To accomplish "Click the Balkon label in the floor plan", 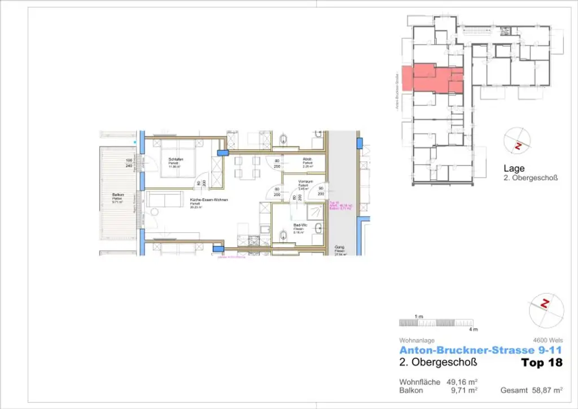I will (x=119, y=195).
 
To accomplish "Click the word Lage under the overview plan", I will (x=514, y=168).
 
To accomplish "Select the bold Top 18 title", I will (x=542, y=363).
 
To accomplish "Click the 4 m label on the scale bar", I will (x=473, y=329).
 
